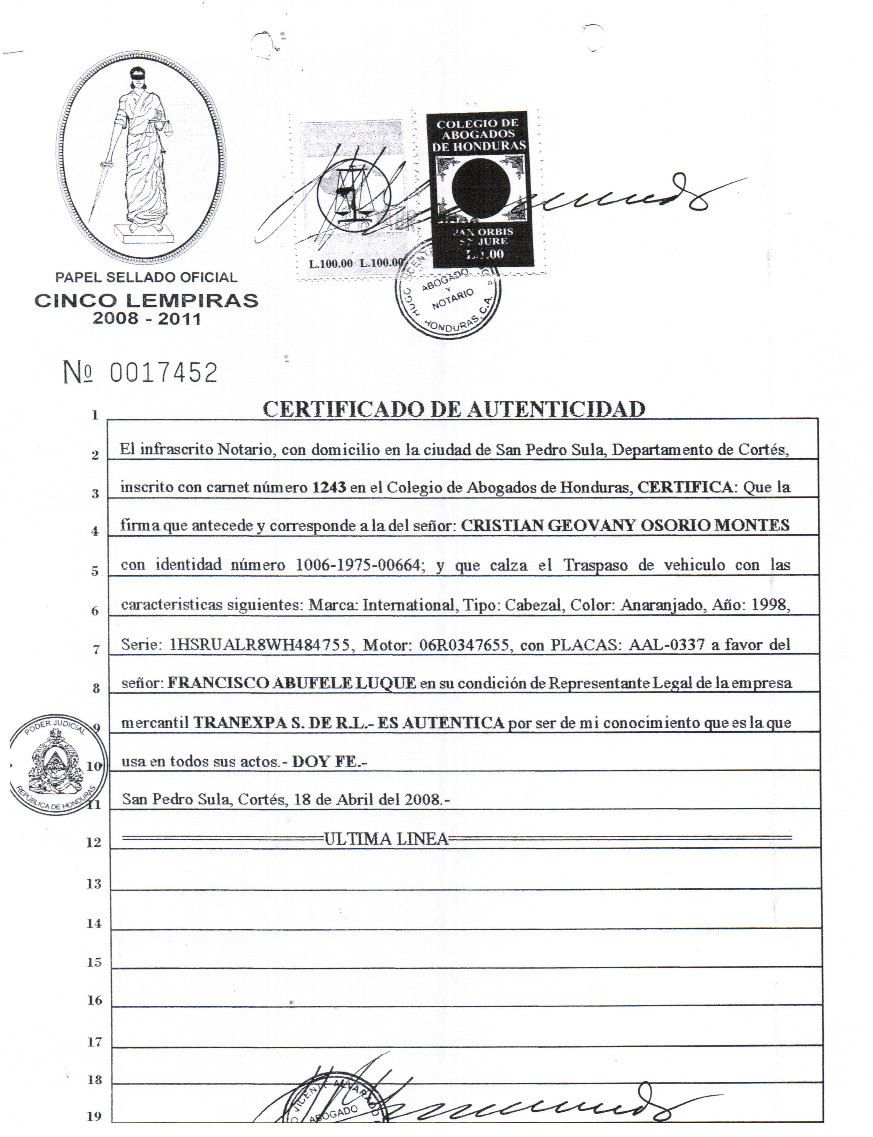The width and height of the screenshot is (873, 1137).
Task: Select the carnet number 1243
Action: [328, 487]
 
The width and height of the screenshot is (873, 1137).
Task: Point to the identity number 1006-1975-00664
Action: [358, 565]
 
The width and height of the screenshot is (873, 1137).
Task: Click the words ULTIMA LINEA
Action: [386, 839]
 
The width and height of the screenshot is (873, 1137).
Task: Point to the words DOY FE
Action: [328, 761]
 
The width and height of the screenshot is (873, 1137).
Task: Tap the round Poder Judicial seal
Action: [58, 764]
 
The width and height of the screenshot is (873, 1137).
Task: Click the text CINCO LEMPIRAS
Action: [146, 301]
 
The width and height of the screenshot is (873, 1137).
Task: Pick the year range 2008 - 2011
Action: [146, 319]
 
